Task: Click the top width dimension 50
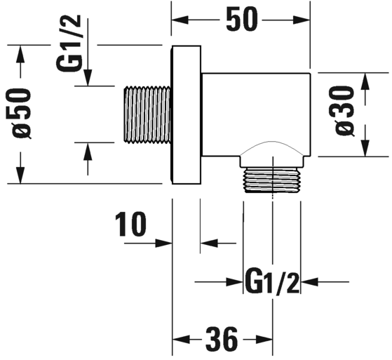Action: pos(241,20)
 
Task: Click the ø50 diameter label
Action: pos(22,114)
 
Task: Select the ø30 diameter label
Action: pos(345,111)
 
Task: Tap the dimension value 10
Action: pos(130,224)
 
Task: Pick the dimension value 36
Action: pos(222,339)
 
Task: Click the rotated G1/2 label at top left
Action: pos(69,43)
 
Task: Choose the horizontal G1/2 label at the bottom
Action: pos(272,281)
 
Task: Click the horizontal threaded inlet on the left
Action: pos(147,115)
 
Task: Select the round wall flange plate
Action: pos(186,115)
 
